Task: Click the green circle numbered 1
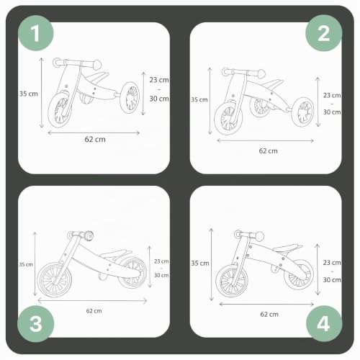click(36, 33)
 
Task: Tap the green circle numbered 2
click(323, 33)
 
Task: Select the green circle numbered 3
click(36, 324)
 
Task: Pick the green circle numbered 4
click(324, 323)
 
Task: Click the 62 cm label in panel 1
click(95, 140)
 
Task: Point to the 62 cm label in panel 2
click(269, 151)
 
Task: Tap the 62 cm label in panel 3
click(94, 311)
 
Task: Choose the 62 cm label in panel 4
click(269, 315)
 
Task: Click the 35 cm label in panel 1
click(29, 94)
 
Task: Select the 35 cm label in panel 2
click(199, 99)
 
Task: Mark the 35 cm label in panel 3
click(26, 264)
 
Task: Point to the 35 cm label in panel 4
click(200, 264)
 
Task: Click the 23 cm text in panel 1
click(159, 80)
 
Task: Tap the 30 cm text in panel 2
click(332, 112)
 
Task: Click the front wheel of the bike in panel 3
click(55, 279)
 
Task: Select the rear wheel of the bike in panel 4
click(299, 274)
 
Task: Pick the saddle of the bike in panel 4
click(287, 248)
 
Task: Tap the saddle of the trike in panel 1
click(96, 76)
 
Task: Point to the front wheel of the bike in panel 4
click(232, 281)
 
